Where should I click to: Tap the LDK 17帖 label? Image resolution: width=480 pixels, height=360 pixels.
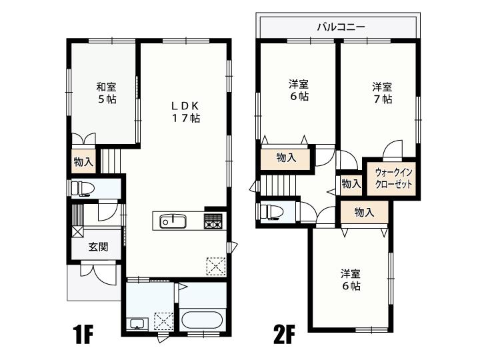(185, 112)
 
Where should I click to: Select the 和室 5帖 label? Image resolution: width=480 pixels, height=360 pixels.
(106, 93)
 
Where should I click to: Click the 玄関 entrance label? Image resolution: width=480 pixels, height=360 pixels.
(98, 247)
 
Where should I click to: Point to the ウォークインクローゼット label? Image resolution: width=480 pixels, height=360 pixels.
(393, 179)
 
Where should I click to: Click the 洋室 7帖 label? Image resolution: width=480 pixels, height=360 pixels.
(382, 93)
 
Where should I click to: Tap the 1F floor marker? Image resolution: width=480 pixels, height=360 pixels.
(83, 335)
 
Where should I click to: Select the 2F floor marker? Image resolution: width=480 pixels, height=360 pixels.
(285, 335)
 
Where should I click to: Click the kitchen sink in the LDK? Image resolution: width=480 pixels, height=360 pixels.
(173, 221)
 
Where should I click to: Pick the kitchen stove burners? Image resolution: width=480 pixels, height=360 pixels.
(213, 221)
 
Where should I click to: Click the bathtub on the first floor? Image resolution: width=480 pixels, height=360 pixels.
(202, 320)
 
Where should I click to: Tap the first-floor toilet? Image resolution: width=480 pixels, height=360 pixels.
(82, 188)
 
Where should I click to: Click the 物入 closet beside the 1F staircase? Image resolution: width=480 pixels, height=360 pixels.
(83, 161)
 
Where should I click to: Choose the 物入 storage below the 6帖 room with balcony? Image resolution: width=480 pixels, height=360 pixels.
(286, 158)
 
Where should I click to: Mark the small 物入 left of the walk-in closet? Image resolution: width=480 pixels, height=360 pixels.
(351, 185)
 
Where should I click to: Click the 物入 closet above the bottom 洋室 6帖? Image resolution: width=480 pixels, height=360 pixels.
(364, 213)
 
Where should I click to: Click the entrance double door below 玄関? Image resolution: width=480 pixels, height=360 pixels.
(99, 273)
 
